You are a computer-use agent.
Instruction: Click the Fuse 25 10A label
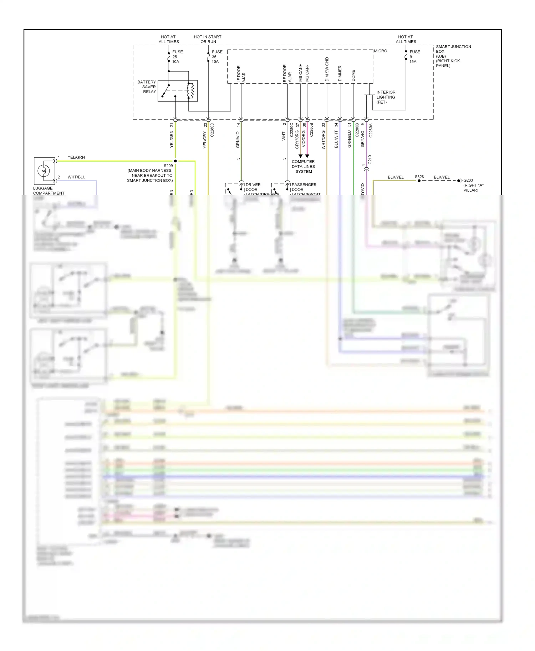pyautogui.click(x=177, y=57)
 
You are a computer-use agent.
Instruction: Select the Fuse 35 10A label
pyautogui.click(x=217, y=57)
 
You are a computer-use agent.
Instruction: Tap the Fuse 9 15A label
pyautogui.click(x=414, y=57)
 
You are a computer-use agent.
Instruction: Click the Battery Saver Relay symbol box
pyautogui.click(x=178, y=91)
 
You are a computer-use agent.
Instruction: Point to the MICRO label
pyautogui.click(x=380, y=51)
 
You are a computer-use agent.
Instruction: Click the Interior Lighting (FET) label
pyautogui.click(x=386, y=97)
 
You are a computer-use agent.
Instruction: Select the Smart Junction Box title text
pyautogui.click(x=453, y=56)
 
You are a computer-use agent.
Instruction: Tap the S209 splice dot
pyautogui.click(x=175, y=161)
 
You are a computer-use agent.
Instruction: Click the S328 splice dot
pyautogui.click(x=419, y=181)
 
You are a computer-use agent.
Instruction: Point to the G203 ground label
pyautogui.click(x=473, y=185)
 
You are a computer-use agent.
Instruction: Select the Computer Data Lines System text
pyautogui.click(x=303, y=166)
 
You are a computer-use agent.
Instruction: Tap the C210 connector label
pyautogui.click(x=370, y=160)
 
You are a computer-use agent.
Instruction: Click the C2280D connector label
pyautogui.click(x=212, y=130)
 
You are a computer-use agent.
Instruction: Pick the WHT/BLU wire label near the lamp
pyautogui.click(x=76, y=177)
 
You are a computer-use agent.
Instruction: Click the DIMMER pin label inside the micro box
pyautogui.click(x=340, y=73)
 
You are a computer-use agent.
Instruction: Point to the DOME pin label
pyautogui.click(x=353, y=75)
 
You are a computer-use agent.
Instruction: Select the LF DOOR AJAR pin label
pyautogui.click(x=241, y=74)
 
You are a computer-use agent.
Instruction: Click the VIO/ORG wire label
pyautogui.click(x=304, y=139)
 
